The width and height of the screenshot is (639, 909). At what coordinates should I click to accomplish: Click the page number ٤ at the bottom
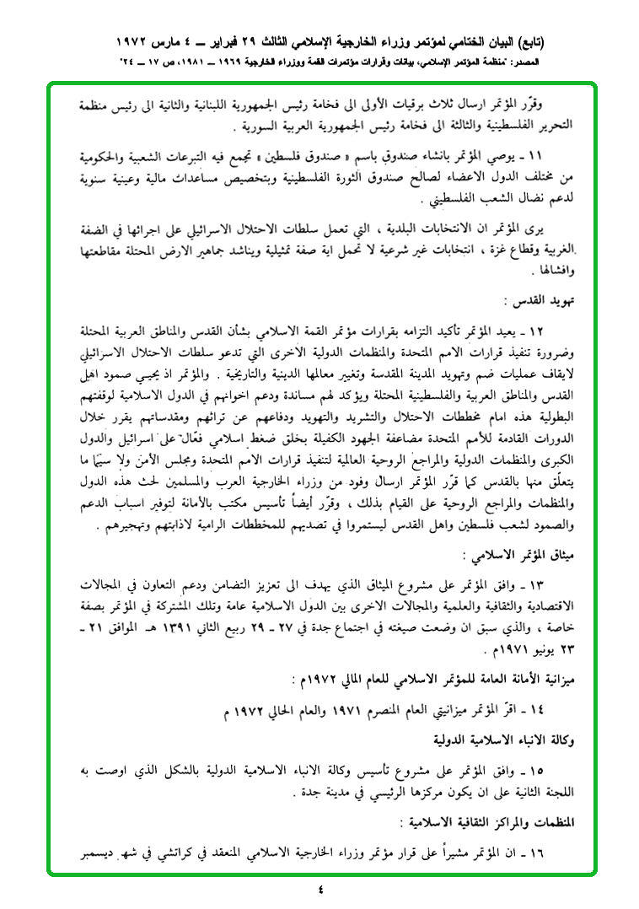click(320, 888)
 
